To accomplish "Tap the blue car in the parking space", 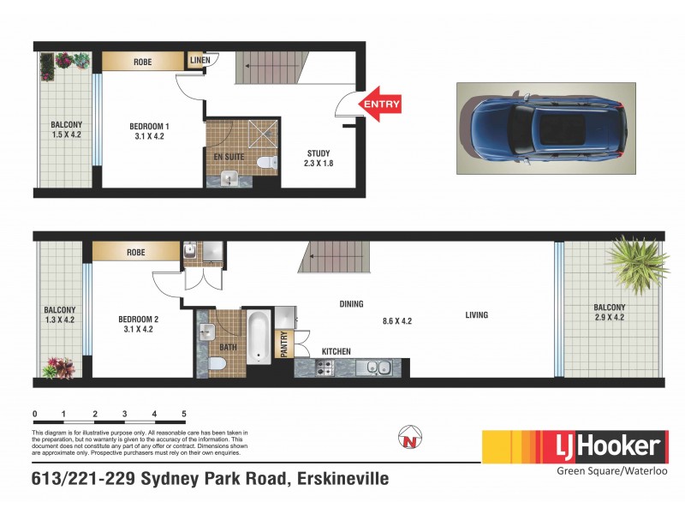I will pyautogui.click(x=545, y=128).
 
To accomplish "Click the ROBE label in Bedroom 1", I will pyautogui.click(x=143, y=62).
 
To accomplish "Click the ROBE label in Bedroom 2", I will pyautogui.click(x=135, y=254).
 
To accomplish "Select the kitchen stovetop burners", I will pyautogui.click(x=325, y=368).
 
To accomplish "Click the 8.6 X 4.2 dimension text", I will pyautogui.click(x=396, y=321).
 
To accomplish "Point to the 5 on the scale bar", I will pyautogui.click(x=184, y=414).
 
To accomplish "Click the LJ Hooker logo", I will pyautogui.click(x=575, y=446).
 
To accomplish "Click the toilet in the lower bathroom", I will pyautogui.click(x=217, y=366).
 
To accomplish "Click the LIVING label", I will pyautogui.click(x=477, y=315).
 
